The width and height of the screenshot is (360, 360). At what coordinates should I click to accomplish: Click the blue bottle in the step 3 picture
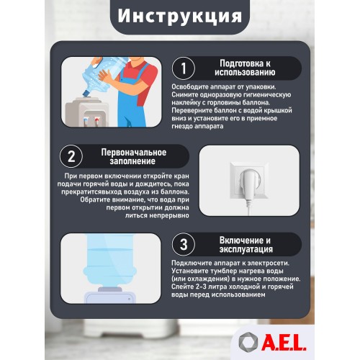[108, 266]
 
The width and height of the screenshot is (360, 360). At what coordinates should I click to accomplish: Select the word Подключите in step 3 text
[190, 264]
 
